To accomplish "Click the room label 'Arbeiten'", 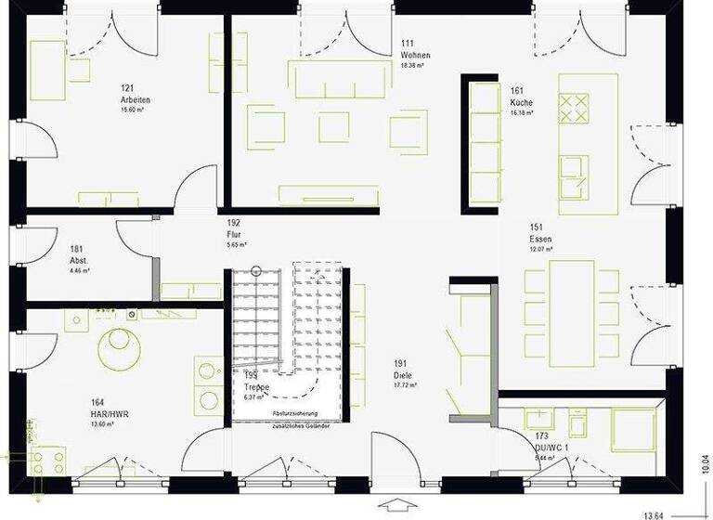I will pos(135,99).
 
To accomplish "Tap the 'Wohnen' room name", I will pos(414,55).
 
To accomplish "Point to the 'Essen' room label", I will pos(541,239).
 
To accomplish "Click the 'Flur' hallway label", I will pos(235,235).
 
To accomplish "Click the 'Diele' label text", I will pos(402,375).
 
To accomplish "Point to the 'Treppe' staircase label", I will pos(256,387).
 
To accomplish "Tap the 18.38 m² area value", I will pos(412,66).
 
